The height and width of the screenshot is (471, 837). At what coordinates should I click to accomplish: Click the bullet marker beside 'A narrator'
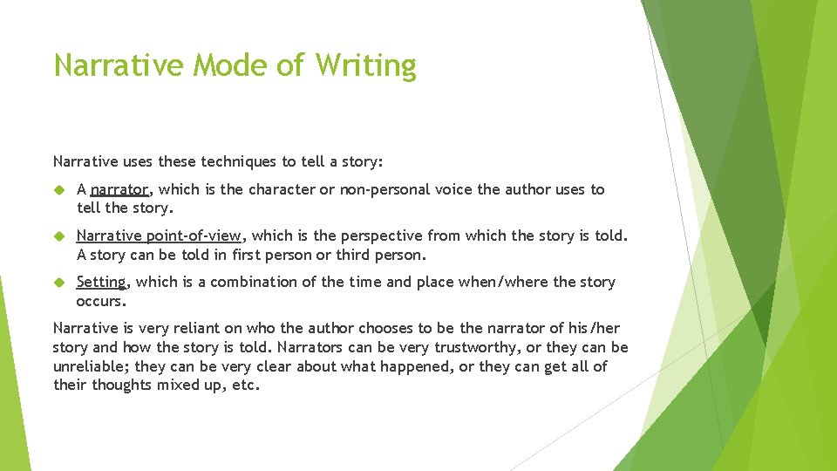(x=59, y=189)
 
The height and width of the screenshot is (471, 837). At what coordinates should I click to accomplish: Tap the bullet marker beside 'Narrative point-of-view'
(x=59, y=235)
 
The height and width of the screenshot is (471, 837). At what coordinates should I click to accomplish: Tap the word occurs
(x=101, y=301)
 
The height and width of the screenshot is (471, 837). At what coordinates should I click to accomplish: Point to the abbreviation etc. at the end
(x=244, y=385)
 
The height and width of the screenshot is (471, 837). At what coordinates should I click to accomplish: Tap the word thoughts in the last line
(x=121, y=385)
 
